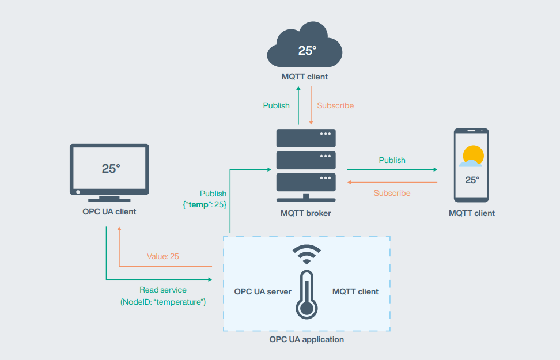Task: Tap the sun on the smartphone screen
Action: pyautogui.click(x=473, y=155)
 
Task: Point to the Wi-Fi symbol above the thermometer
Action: pyautogui.click(x=307, y=255)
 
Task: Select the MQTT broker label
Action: pyautogui.click(x=306, y=213)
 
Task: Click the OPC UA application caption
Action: pyautogui.click(x=307, y=339)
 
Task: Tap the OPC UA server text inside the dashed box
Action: pyautogui.click(x=263, y=291)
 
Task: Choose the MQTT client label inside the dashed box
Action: pyautogui.click(x=355, y=291)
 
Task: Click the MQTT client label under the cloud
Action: pyautogui.click(x=305, y=77)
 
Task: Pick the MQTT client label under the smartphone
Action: pyautogui.click(x=472, y=213)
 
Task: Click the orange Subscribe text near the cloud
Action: pyautogui.click(x=335, y=105)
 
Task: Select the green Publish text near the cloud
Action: pyautogui.click(x=277, y=105)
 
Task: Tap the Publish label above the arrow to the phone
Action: pyautogui.click(x=392, y=160)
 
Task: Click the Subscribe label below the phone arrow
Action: pyautogui.click(x=392, y=193)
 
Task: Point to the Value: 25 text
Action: pyautogui.click(x=163, y=256)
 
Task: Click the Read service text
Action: pyautogui.click(x=163, y=290)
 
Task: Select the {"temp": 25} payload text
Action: pyautogui.click(x=205, y=204)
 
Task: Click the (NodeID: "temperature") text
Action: pyautogui.click(x=163, y=302)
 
